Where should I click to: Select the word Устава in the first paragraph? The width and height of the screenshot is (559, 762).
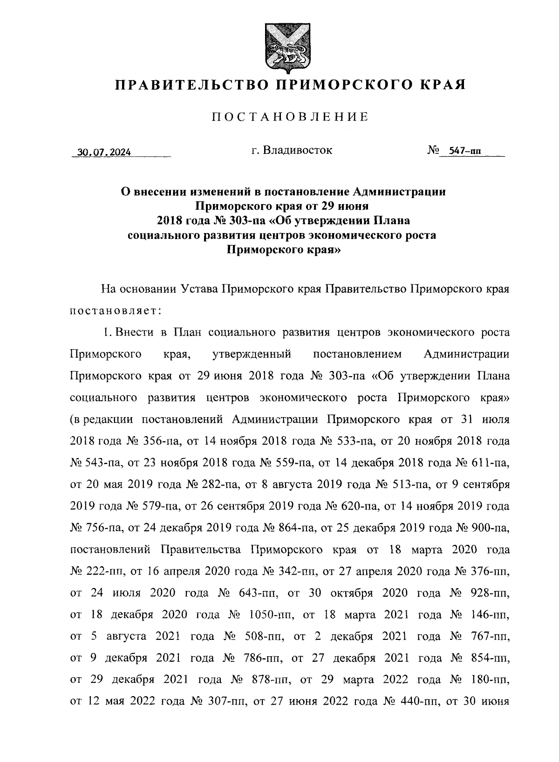(198, 289)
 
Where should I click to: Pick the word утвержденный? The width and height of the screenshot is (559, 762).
(252, 354)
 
